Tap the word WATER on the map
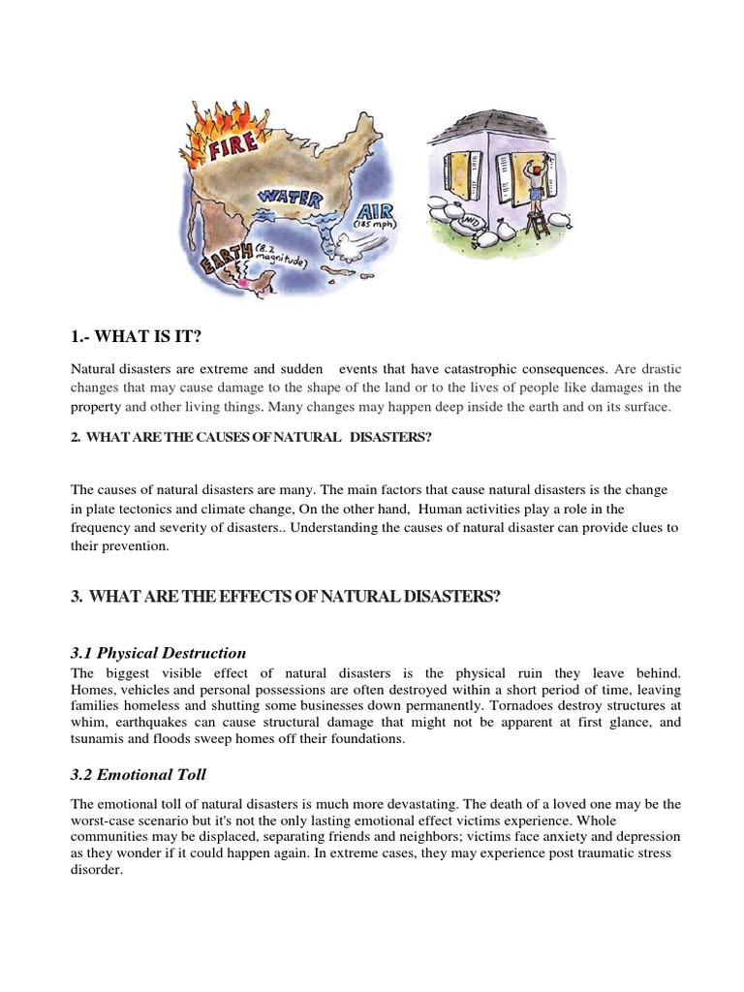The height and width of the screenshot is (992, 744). click(x=288, y=198)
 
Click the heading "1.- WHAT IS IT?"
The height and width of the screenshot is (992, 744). click(x=137, y=336)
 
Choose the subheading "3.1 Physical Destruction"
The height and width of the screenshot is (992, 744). click(x=159, y=653)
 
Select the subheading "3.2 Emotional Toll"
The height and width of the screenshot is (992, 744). click(x=139, y=776)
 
